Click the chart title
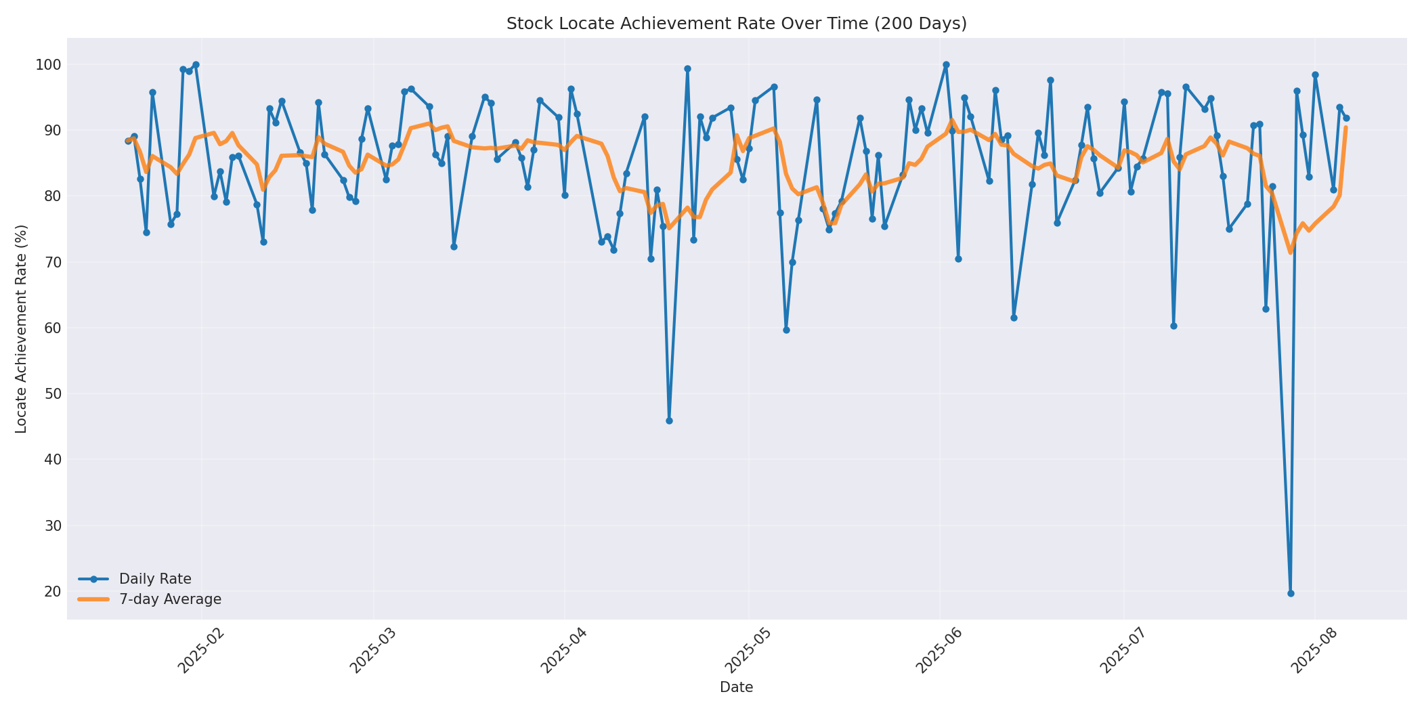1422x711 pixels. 736,24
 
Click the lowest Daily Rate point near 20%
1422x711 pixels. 1290,593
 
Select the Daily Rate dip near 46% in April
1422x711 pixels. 669,421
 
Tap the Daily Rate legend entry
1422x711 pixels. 154,579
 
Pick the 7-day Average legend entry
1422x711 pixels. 169,599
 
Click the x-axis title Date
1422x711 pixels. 736,688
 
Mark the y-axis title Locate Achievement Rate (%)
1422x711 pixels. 21,328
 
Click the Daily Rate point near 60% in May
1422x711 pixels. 786,330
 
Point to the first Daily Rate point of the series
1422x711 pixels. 128,141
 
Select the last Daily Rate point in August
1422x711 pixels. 1345,118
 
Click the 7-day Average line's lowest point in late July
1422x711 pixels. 1290,253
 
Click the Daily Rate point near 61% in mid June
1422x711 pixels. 1014,318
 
